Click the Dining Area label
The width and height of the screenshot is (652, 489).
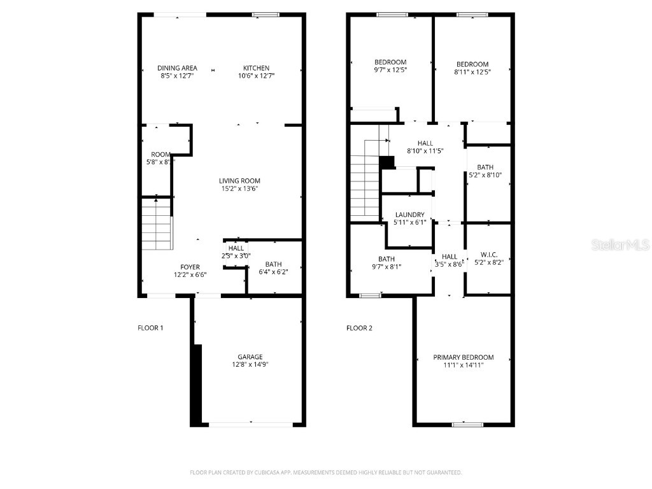pyautogui.click(x=178, y=68)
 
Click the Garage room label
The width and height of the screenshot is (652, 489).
pyautogui.click(x=250, y=357)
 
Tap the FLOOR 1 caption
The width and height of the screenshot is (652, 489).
pyautogui.click(x=151, y=329)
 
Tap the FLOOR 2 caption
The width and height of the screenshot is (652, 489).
pyautogui.click(x=359, y=329)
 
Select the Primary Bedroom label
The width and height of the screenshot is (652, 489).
pyautogui.click(x=464, y=358)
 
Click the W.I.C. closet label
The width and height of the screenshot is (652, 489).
pyautogui.click(x=488, y=255)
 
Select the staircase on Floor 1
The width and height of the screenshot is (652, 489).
pyautogui.click(x=157, y=224)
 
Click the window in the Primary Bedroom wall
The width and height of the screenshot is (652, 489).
pyautogui.click(x=463, y=424)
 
